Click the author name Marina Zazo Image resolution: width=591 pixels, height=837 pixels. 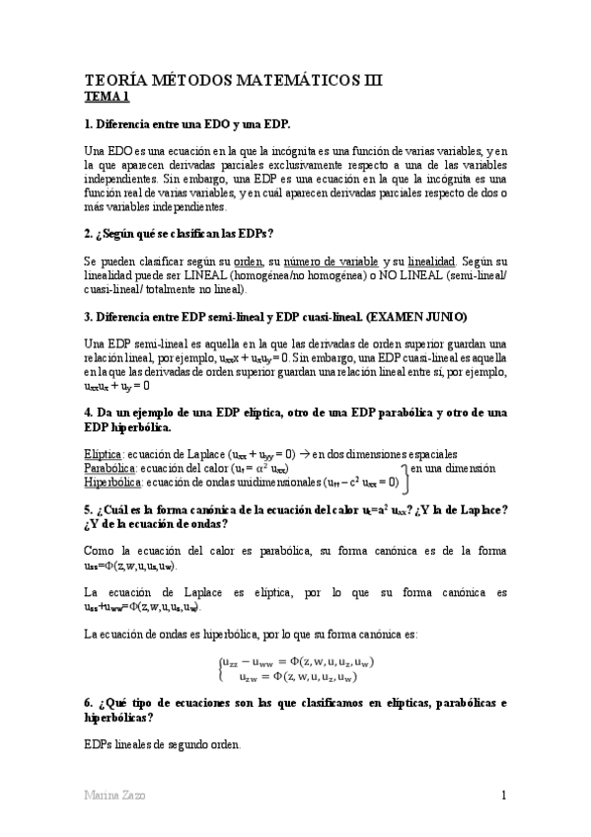point(112,796)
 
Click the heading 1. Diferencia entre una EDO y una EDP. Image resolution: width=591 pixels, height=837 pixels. point(188,123)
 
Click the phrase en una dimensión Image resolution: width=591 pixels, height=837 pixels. point(453,468)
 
